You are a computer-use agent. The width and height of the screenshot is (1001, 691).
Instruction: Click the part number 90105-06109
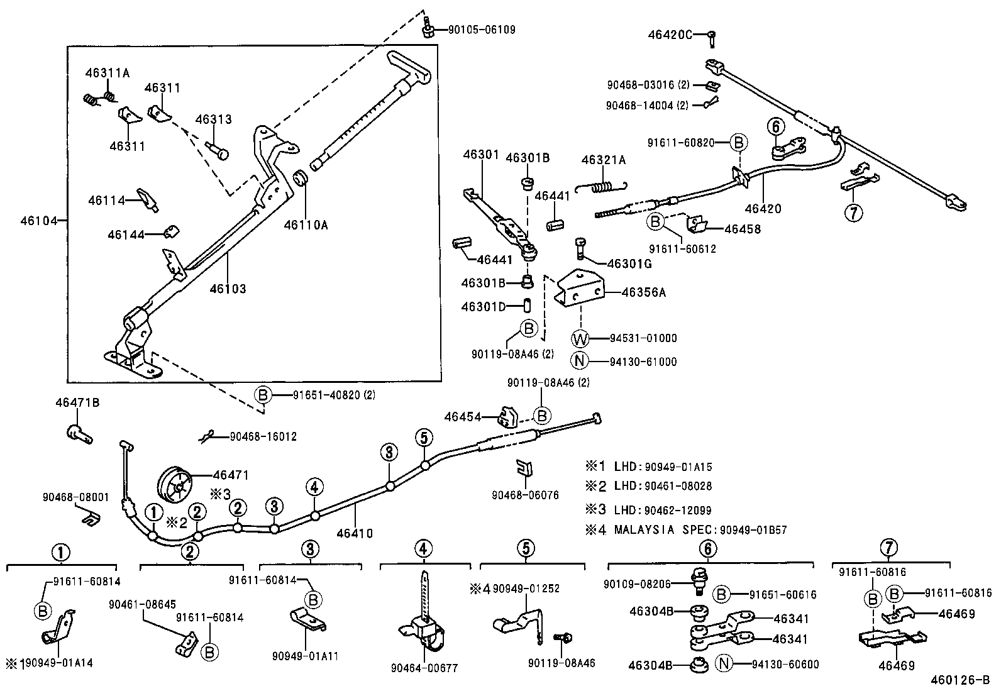click(x=482, y=30)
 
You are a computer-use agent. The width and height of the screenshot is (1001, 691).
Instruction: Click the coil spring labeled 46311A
click(x=99, y=98)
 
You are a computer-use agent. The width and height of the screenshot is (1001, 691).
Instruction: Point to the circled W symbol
click(x=580, y=339)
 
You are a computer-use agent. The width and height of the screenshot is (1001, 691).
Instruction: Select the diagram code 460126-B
click(x=960, y=680)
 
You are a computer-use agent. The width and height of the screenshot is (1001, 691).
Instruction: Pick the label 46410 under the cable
click(x=355, y=533)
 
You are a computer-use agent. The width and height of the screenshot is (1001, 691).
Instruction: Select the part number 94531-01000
click(x=643, y=338)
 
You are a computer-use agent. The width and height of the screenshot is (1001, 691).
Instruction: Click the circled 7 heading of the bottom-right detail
click(x=888, y=548)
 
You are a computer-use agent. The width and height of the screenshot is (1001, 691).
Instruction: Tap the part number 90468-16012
click(x=263, y=436)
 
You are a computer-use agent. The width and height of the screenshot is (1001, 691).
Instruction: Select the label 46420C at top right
click(x=670, y=35)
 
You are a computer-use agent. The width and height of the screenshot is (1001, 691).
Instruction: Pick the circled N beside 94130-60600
click(x=724, y=664)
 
